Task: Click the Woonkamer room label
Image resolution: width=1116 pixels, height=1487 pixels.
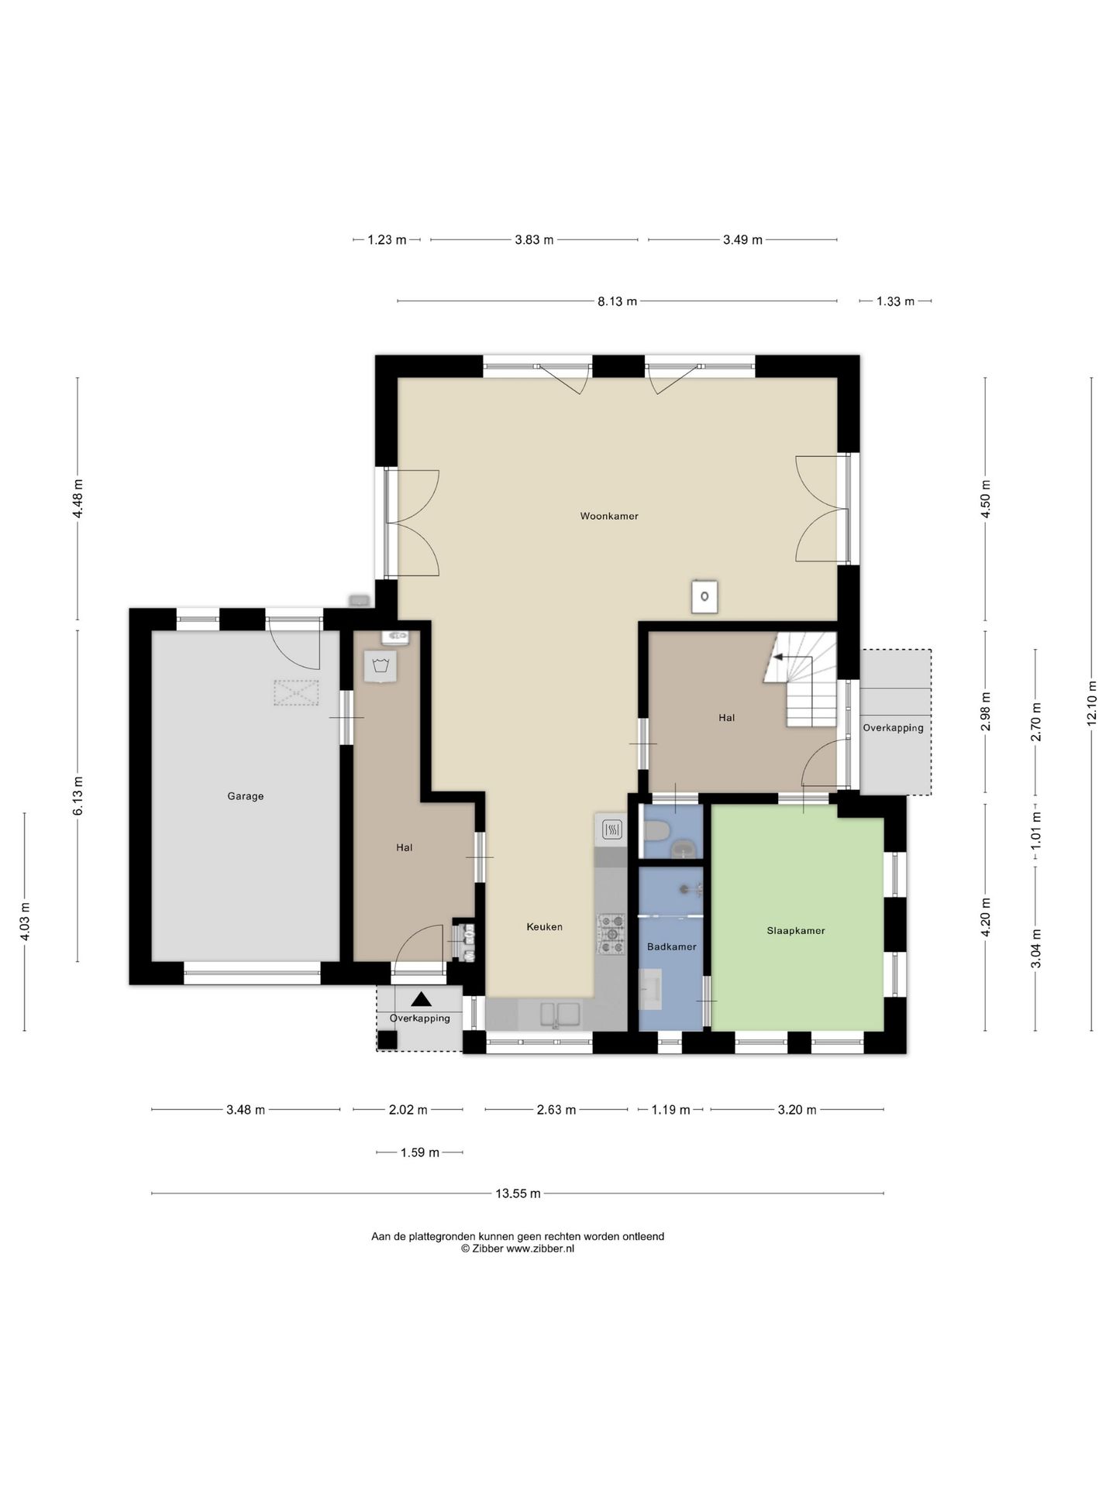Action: pos(609,516)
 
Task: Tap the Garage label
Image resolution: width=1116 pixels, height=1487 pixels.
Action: pos(246,796)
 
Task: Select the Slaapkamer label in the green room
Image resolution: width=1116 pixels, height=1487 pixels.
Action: pos(796,931)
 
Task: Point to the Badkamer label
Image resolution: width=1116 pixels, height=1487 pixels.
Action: pos(672,946)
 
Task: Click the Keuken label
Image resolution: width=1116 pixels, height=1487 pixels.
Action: pos(544,927)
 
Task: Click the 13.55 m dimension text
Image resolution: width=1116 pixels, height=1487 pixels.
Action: pos(518,1193)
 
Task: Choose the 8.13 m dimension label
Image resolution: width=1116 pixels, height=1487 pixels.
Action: pos(617,301)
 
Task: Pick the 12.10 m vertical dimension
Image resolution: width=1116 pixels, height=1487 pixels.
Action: pos(1092,702)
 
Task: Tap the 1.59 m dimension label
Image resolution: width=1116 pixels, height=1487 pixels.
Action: pos(420,1152)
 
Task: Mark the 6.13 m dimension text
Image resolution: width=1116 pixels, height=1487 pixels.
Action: pos(77,795)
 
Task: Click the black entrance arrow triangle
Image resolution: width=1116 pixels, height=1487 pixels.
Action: pos(420,1000)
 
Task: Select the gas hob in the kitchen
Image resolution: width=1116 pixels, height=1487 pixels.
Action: pos(611,933)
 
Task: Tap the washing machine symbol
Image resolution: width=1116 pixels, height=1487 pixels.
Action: pos(380,666)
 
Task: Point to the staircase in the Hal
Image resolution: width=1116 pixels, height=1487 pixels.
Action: pos(801,679)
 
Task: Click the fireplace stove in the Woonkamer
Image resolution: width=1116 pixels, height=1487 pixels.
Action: pos(704,596)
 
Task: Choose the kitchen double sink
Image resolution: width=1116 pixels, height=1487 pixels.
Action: pos(560,1014)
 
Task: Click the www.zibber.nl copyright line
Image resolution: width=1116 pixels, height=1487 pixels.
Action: pos(518,1248)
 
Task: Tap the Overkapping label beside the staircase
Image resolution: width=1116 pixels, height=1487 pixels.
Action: pos(893,728)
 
